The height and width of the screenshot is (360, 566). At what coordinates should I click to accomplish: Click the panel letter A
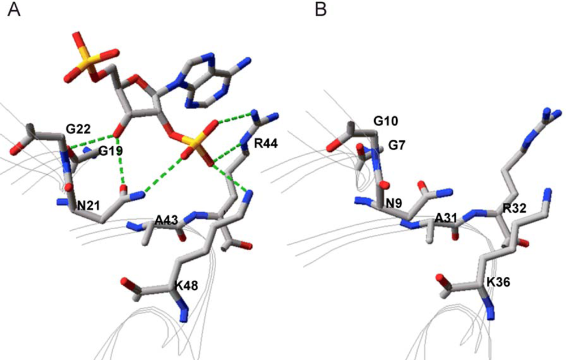[x=13, y=10]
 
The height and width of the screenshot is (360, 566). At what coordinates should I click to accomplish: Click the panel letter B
[x=321, y=10]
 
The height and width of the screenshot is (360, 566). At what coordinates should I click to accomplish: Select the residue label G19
[x=112, y=151]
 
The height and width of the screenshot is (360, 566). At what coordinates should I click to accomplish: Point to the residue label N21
[x=89, y=206]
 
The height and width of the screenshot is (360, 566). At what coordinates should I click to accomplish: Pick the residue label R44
[x=266, y=144]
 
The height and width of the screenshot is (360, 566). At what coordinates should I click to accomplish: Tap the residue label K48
[x=187, y=286]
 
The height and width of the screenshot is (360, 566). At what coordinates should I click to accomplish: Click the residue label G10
[x=386, y=121]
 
